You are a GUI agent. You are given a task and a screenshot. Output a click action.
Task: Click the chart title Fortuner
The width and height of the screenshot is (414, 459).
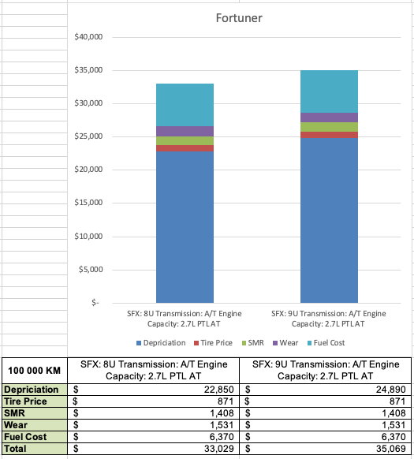click(x=239, y=18)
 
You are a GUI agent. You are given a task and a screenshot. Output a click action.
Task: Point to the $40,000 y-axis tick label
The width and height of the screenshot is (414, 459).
click(x=88, y=37)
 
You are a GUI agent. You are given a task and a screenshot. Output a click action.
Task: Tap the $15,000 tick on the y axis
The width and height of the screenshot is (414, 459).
click(x=88, y=203)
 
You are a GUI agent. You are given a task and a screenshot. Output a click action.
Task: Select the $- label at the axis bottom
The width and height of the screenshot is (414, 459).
click(x=95, y=302)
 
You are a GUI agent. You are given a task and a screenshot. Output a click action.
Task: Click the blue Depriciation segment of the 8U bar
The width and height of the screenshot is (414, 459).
click(x=185, y=227)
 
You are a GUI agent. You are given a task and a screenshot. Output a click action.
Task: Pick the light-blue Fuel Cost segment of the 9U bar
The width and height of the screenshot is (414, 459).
click(x=329, y=91)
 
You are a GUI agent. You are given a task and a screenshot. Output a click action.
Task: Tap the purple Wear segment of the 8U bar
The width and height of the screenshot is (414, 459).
click(x=185, y=132)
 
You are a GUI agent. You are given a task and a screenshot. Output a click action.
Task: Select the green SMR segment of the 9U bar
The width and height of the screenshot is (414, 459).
click(x=329, y=127)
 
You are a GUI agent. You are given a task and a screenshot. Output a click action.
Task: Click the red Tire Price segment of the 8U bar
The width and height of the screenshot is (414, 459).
click(x=185, y=148)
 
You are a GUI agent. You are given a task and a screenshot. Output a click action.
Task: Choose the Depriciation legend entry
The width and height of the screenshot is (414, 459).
click(x=161, y=343)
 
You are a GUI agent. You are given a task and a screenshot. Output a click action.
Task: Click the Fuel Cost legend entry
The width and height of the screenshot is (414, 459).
click(x=326, y=343)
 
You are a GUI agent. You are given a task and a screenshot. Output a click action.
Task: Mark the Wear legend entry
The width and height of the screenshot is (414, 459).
click(x=285, y=343)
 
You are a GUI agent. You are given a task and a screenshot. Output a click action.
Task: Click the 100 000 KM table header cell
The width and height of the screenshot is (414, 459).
click(x=34, y=371)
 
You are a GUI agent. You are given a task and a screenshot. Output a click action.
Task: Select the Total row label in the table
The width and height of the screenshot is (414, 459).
click(x=15, y=449)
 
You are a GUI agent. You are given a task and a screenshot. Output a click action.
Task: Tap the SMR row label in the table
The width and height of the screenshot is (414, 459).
click(x=15, y=413)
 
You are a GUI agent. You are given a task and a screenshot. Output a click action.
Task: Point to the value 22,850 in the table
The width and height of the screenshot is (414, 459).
click(x=218, y=390)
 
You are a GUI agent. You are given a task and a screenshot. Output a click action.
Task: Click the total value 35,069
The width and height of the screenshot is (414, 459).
click(x=391, y=449)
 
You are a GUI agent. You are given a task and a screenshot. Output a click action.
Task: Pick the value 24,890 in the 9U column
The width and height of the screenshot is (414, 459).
click(x=391, y=390)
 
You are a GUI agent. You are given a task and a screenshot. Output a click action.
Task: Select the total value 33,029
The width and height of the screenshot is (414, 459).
click(x=218, y=449)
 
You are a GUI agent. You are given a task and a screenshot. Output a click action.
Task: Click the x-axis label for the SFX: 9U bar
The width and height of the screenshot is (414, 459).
click(x=329, y=319)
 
